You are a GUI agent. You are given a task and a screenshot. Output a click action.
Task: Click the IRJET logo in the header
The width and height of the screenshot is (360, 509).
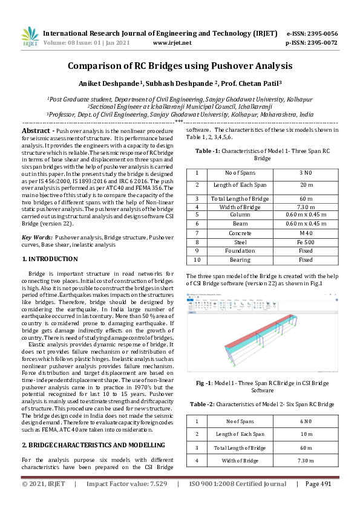coord(28,37)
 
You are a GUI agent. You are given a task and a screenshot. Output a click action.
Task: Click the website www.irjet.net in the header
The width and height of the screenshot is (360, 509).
coord(172,43)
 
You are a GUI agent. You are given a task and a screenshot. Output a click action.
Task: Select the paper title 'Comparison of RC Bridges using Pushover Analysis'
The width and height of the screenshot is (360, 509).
coord(180,65)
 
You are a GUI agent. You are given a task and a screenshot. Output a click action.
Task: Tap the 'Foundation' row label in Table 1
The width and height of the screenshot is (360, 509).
coord(240,251)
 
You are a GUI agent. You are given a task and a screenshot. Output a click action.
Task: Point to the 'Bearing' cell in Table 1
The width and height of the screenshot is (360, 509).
coord(240,260)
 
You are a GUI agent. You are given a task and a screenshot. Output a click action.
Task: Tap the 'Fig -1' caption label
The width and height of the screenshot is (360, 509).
coord(203,383)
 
